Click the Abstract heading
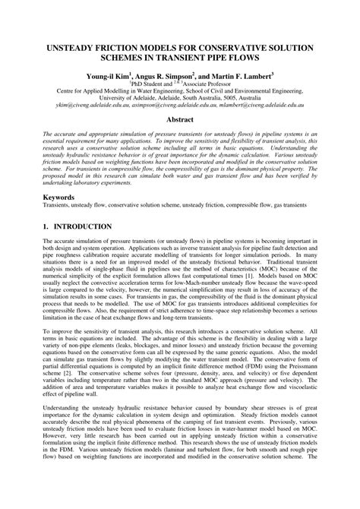(x=180, y=120)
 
